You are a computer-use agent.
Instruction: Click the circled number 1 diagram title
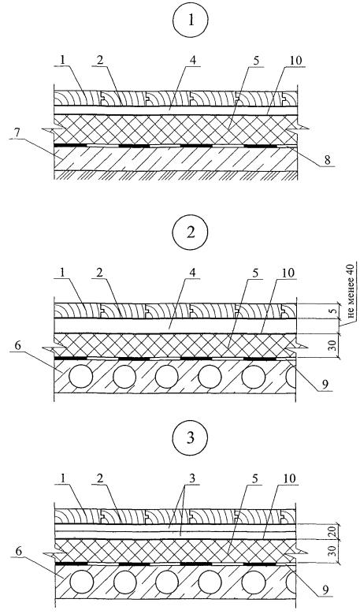[191, 20]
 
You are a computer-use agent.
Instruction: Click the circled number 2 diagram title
[191, 233]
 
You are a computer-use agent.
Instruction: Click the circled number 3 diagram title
[191, 437]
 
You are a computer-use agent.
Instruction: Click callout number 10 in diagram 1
[295, 61]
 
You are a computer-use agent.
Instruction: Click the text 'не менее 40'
[351, 290]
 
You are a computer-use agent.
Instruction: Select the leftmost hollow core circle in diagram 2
[81, 377]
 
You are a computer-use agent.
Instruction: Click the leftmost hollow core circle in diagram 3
[81, 582]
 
